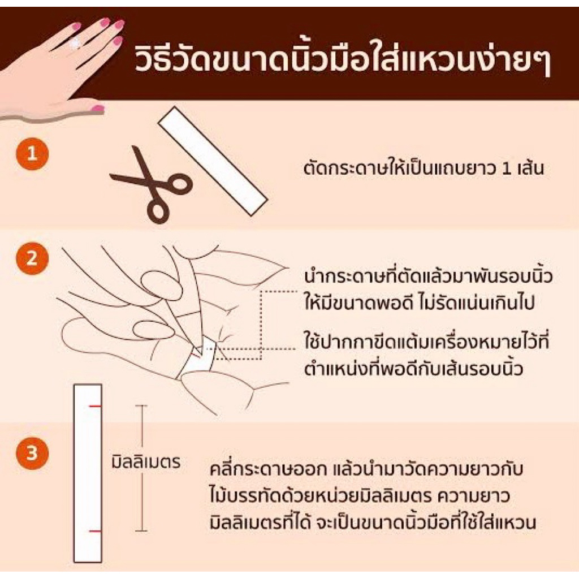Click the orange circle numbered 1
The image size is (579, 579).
tap(32, 154)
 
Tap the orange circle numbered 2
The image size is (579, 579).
tap(32, 258)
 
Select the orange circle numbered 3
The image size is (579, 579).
tap(32, 453)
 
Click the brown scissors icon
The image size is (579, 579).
tap(152, 185)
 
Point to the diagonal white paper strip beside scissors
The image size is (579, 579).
tap(213, 161)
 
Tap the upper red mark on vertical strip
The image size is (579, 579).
tap(95, 406)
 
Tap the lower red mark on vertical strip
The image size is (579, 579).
tap(95, 532)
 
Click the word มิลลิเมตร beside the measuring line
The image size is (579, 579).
tap(146, 461)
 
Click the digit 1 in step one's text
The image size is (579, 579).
tap(507, 168)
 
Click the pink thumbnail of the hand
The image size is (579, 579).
tap(97, 109)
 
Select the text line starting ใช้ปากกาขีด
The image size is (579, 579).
tap(426, 341)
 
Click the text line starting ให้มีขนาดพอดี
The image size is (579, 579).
tap(420, 303)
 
